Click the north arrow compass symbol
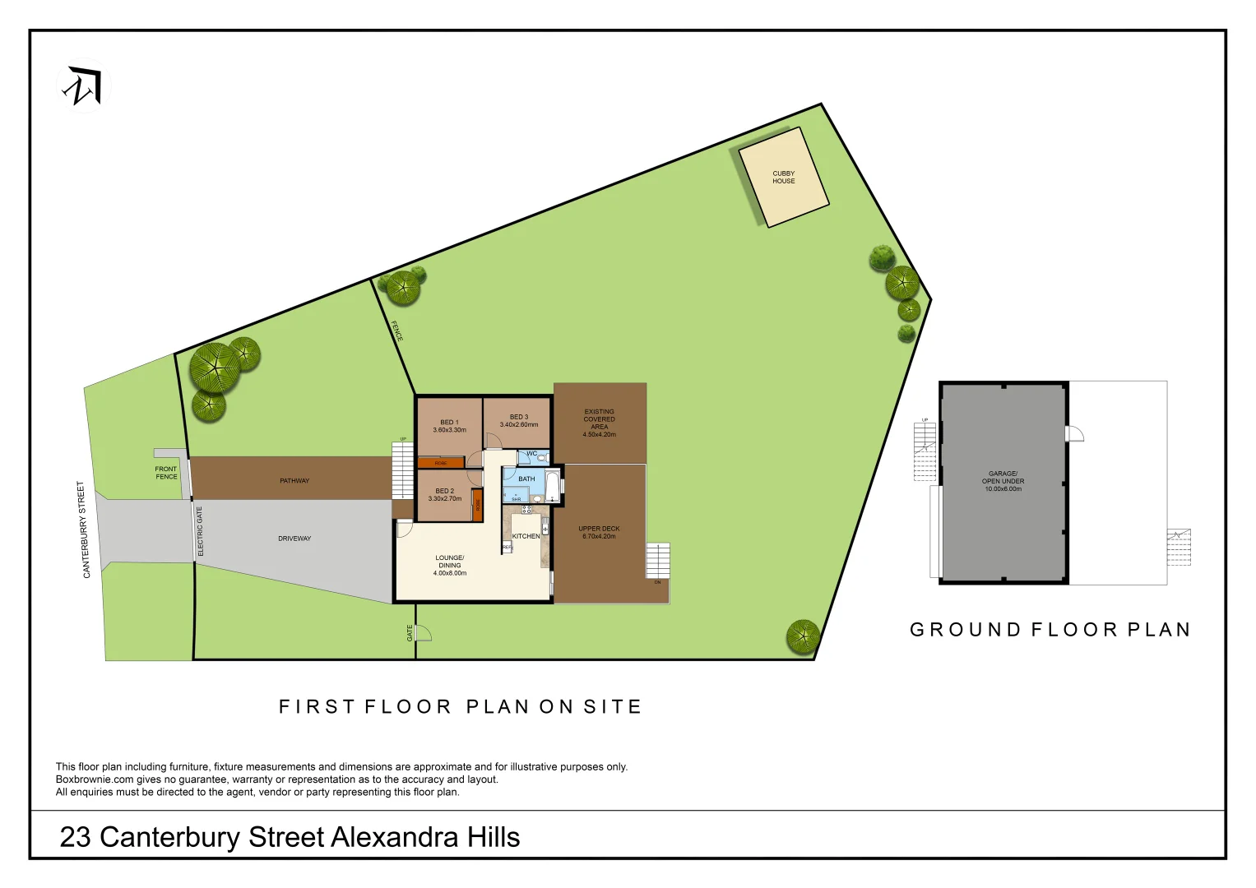84,86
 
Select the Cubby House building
783,178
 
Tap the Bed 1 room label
449,426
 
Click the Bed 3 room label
518,421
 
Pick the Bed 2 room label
444,495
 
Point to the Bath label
526,479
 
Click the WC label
531,454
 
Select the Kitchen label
526,536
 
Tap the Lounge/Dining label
449,565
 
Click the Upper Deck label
599,532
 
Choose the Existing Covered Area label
599,423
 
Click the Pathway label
294,481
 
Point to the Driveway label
294,539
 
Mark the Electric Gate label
200,531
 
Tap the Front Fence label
166,473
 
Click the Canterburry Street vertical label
84,530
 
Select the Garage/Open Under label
1003,481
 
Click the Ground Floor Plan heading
1050,630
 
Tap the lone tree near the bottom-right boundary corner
802,636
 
